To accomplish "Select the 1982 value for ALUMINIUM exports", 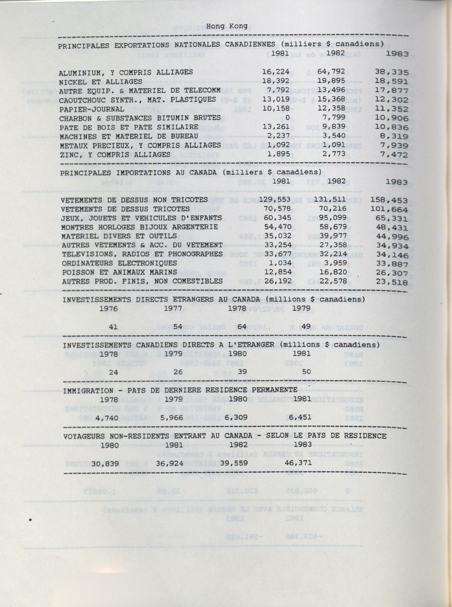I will [x=331, y=72].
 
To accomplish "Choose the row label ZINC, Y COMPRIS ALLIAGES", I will [x=115, y=155].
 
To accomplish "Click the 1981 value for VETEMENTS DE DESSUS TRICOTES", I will [x=277, y=209].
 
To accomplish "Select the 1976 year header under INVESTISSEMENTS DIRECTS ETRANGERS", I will [x=109, y=309].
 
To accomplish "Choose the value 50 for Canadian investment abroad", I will [x=306, y=371].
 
